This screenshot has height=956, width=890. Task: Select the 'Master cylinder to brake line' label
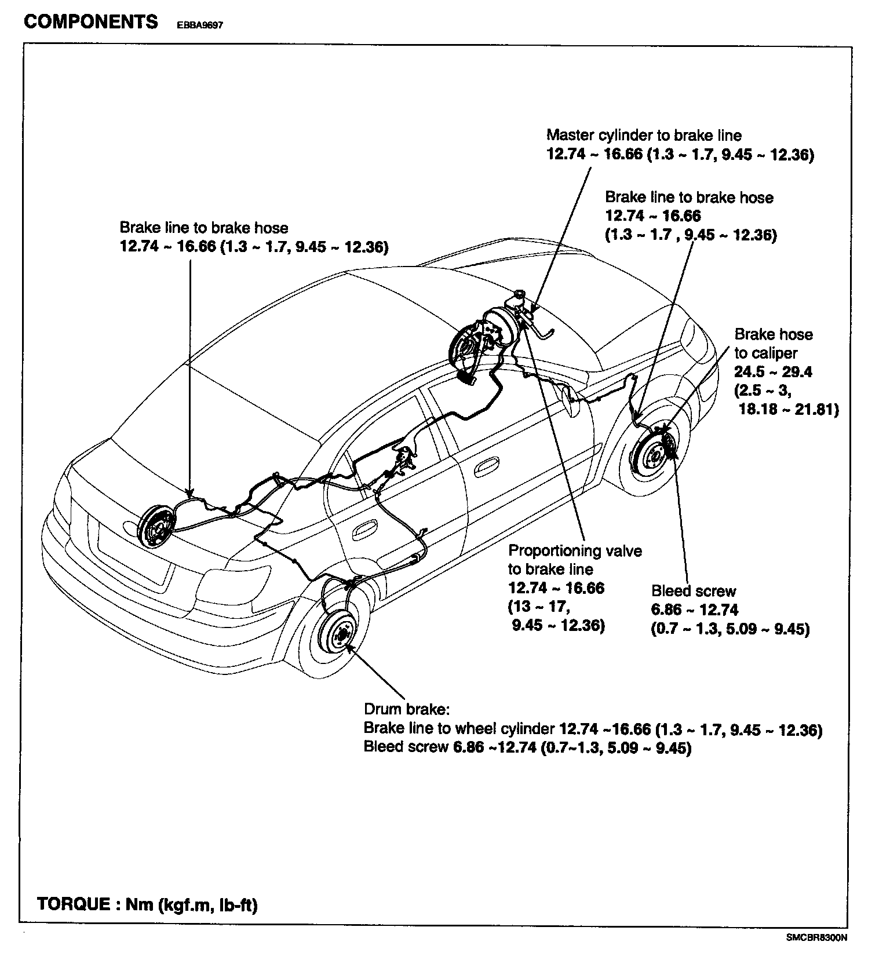pos(644,136)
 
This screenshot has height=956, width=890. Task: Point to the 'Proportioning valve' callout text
pos(575,550)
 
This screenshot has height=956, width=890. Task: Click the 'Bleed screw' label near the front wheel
pos(694,591)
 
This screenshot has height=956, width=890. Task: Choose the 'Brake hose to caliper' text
pos(773,344)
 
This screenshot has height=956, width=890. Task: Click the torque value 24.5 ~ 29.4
pos(773,372)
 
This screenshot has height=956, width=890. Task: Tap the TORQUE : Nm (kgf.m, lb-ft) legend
pos(147,904)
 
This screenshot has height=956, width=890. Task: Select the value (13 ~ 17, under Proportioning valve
pos(539,607)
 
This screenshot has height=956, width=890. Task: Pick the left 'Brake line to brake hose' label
pos(203,228)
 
